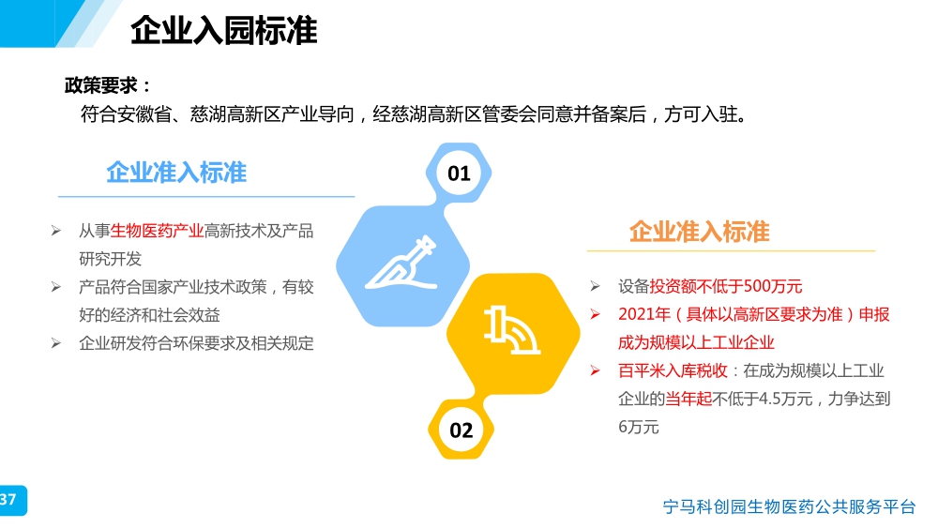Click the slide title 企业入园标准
tap(224, 31)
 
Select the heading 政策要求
tap(101, 85)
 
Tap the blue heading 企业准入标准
tap(176, 173)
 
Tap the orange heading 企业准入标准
tap(700, 232)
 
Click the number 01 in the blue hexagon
tap(459, 173)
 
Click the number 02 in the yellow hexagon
tap(461, 430)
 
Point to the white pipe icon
tap(512, 329)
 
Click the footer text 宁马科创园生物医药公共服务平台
tap(789, 506)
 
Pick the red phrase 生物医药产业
tap(157, 231)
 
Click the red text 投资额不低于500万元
tap(726, 286)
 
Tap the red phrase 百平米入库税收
tap(673, 370)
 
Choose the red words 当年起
tap(688, 399)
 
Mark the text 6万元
tap(638, 427)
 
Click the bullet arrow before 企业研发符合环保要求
tap(55, 343)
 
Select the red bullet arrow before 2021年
tap(596, 314)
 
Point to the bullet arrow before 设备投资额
tap(596, 286)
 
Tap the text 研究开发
tap(110, 259)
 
